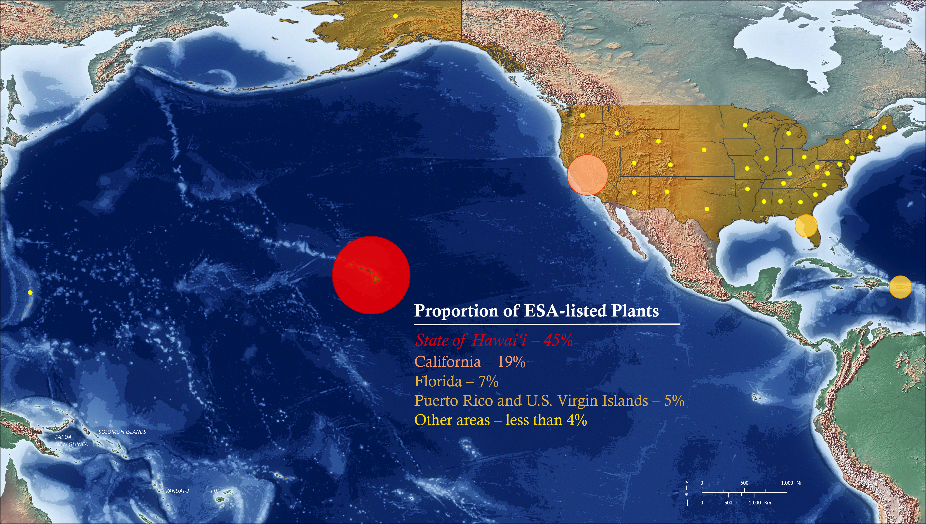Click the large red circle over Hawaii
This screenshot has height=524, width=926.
coord(371,275)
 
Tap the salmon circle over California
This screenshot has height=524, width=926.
coord(587,175)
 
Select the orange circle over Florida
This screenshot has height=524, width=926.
coord(806,225)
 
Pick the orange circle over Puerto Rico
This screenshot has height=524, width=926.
coord(900,287)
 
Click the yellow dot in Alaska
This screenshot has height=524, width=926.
coord(395,16)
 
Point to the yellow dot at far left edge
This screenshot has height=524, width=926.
coord(30,292)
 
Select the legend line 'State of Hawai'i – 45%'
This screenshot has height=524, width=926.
coord(493,340)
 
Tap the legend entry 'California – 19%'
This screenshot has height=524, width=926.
coord(470,362)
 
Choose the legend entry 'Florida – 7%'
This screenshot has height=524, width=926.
coord(456,381)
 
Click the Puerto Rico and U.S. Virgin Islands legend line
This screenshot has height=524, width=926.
coord(549,401)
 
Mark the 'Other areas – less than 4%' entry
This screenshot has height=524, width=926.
coord(501,420)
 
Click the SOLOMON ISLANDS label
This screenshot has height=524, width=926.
coord(122,432)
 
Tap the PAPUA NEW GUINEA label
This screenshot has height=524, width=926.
coord(71,440)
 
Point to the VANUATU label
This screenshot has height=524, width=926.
coord(177,491)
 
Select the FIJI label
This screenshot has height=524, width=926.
coord(215,491)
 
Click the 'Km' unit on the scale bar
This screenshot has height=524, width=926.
coord(768,502)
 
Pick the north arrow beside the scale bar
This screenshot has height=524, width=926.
coord(687,492)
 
